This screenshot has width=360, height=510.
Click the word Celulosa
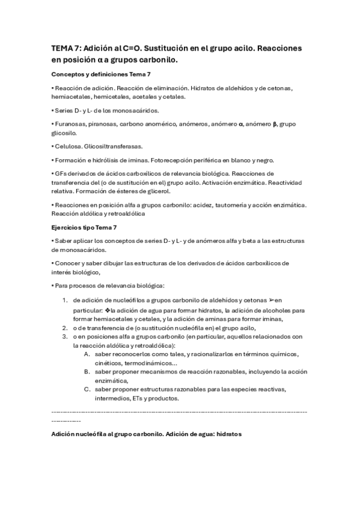click(x=66, y=146)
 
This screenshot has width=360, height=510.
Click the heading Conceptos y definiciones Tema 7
click(x=101, y=75)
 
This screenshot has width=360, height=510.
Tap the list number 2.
click(x=65, y=328)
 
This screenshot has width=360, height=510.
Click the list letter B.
click(x=87, y=372)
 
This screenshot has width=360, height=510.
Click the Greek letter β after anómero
click(x=275, y=124)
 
